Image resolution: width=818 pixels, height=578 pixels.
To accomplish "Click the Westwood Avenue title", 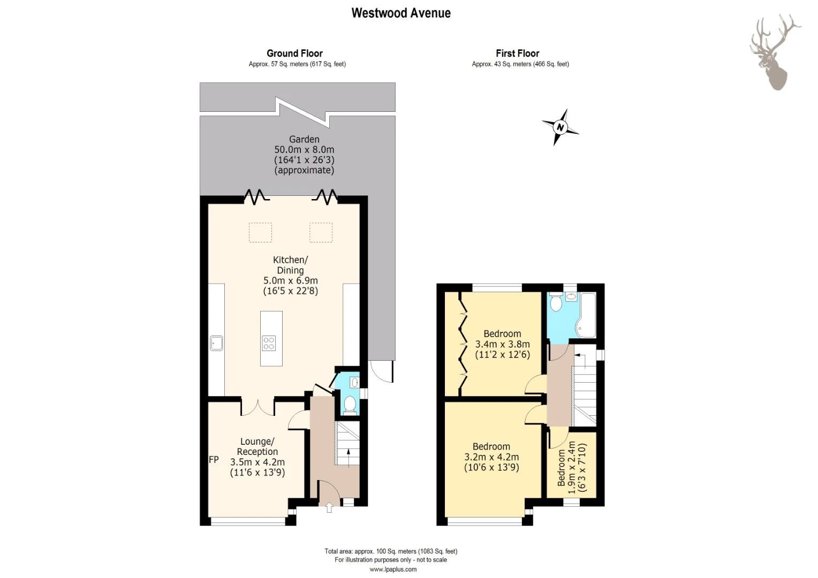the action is coord(401,13).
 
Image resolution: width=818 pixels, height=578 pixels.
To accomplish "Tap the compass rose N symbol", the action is coord(560,127).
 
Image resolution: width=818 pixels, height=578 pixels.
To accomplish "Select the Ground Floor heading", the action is coord(294,54).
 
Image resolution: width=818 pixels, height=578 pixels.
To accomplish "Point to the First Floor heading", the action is coord(518,54).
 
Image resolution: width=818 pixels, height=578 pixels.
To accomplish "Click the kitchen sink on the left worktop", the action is coord(217,343).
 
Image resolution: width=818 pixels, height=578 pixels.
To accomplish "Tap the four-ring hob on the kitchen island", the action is coord(269,343).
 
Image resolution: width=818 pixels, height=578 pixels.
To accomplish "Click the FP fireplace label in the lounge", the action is coord(214,460).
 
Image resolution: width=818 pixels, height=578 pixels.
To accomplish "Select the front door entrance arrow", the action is coord(329,507).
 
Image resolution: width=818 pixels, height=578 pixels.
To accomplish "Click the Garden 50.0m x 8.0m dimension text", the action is coord(304,150).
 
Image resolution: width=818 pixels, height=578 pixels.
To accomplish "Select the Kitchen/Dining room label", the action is coord(290,265).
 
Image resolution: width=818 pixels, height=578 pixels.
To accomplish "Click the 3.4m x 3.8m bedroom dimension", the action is coord(502,344).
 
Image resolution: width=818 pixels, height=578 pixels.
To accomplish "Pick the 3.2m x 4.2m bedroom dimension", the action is coord(491,457).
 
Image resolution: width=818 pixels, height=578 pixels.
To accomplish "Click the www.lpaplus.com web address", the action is coord(393,569).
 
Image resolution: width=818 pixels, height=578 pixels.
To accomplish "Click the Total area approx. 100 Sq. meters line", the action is coord(391,551).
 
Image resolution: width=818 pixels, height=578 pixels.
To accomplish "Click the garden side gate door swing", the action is coord(382,372).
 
